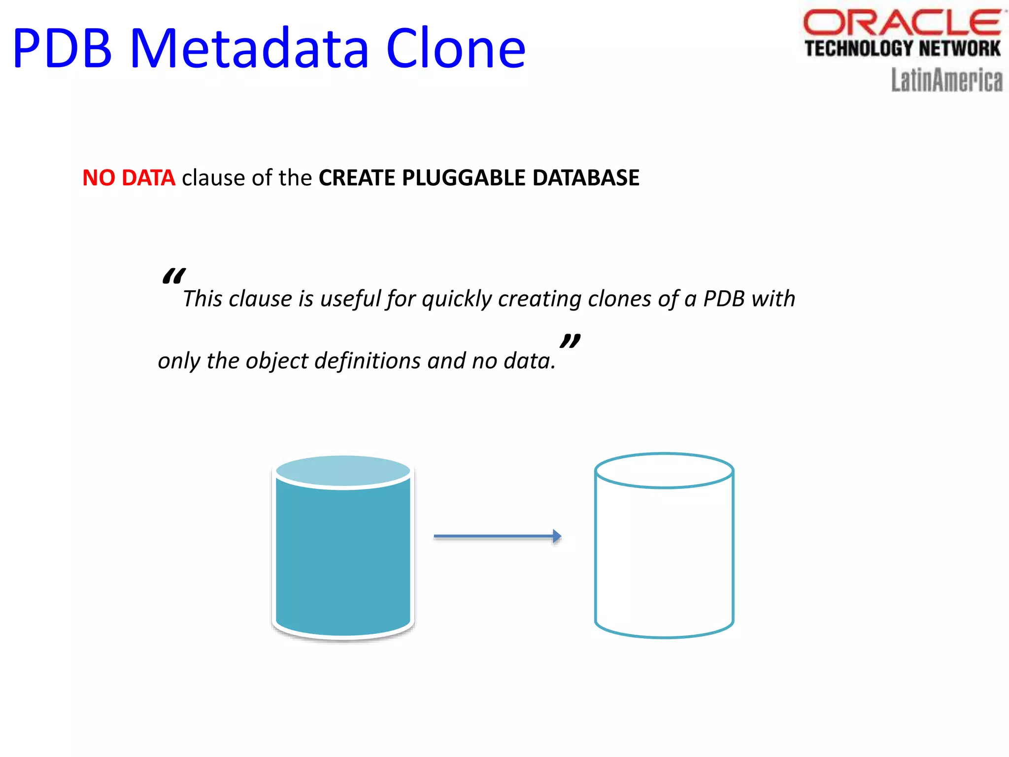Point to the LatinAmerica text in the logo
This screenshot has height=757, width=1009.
pos(946,80)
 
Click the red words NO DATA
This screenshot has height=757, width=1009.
pos(129,178)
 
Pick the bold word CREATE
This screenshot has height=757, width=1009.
pos(357,178)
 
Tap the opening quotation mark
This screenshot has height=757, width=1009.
pos(173,276)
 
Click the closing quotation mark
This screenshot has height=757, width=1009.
pos(570,341)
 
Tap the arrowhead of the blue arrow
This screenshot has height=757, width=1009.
pos(557,536)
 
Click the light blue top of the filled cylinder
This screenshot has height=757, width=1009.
pos(343,471)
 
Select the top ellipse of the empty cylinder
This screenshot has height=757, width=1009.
pos(664,471)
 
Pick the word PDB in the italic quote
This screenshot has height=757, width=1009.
pos(723,299)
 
